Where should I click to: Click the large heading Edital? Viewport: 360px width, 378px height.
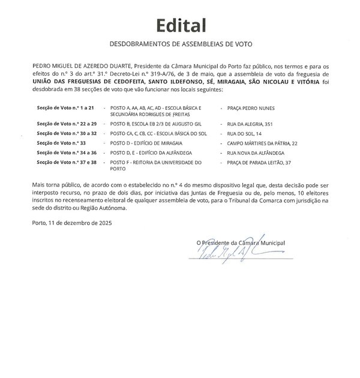[181, 25]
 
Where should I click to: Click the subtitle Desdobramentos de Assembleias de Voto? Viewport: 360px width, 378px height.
[180, 44]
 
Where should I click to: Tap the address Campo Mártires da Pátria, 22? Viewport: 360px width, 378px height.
[262, 143]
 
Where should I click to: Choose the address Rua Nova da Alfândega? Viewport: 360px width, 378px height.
[256, 153]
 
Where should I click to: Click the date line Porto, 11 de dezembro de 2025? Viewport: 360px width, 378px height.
[73, 223]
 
